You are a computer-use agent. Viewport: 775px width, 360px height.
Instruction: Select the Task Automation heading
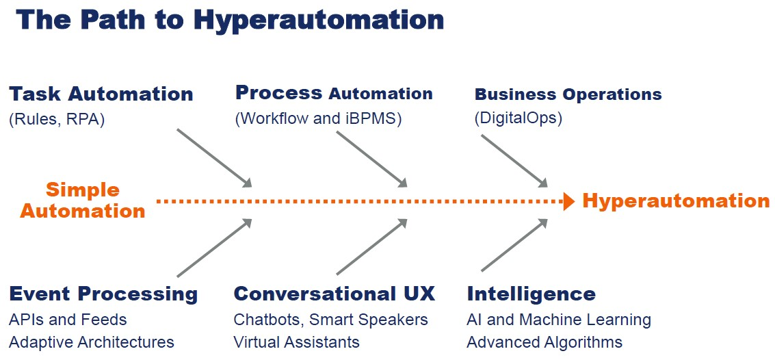(101, 94)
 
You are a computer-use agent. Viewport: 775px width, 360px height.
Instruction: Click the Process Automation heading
(334, 93)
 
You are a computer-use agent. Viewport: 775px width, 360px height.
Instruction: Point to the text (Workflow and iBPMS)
(318, 118)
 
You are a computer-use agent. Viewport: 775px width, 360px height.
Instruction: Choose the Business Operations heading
(568, 94)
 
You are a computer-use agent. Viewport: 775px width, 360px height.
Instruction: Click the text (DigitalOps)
(518, 118)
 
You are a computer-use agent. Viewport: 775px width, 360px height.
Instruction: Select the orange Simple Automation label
(83, 201)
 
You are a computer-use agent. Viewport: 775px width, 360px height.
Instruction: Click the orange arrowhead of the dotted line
(568, 201)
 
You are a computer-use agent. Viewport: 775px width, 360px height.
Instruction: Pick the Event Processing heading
(103, 294)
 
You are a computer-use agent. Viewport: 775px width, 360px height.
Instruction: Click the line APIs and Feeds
(68, 320)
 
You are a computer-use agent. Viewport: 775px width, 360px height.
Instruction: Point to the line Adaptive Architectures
(92, 342)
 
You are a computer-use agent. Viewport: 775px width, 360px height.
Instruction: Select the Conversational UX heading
(334, 294)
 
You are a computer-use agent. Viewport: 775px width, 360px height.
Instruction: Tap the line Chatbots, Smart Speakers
(330, 320)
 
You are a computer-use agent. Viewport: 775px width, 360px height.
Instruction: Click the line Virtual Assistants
(296, 342)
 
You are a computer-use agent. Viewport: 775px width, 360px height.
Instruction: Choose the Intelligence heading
(531, 294)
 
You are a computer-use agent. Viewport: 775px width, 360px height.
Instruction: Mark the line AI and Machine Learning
(558, 320)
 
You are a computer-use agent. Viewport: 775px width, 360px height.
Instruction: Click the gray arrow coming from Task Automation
(214, 157)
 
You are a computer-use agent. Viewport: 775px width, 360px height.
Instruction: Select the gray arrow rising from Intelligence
(515, 245)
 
